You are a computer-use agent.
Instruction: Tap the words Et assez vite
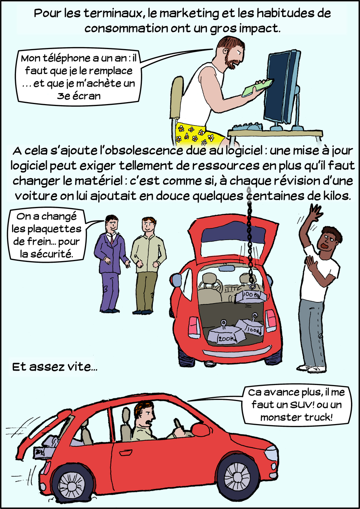(55, 367)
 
